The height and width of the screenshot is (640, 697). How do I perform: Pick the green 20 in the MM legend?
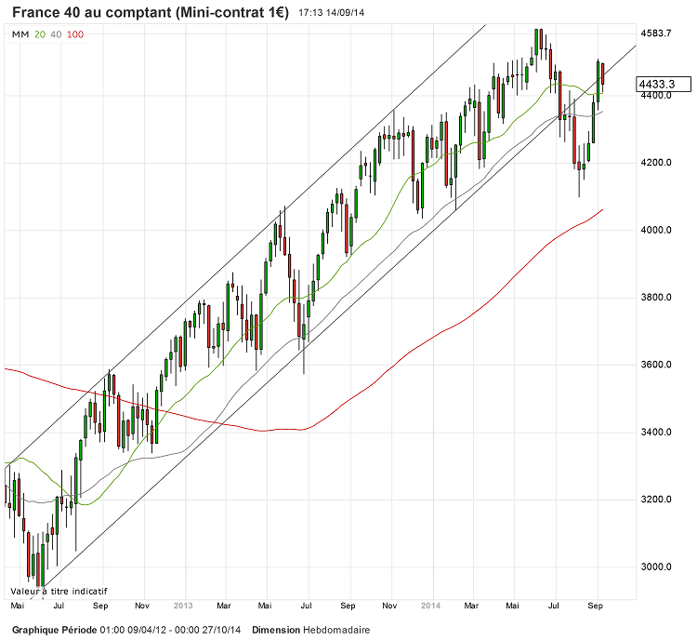[39, 34]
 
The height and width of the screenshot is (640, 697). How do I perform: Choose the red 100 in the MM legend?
[76, 34]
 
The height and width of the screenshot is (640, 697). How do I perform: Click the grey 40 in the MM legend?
[56, 34]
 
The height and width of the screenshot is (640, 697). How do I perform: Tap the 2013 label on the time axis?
[183, 605]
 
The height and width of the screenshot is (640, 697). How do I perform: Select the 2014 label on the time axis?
[429, 605]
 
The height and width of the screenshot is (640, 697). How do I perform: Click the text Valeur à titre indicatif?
[59, 591]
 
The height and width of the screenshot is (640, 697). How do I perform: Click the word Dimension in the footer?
[275, 630]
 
